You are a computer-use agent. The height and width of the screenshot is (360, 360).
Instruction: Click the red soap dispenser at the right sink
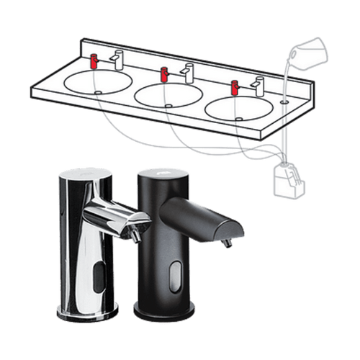pos(234,88)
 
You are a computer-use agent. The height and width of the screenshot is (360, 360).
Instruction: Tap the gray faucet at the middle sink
pos(188,72)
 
